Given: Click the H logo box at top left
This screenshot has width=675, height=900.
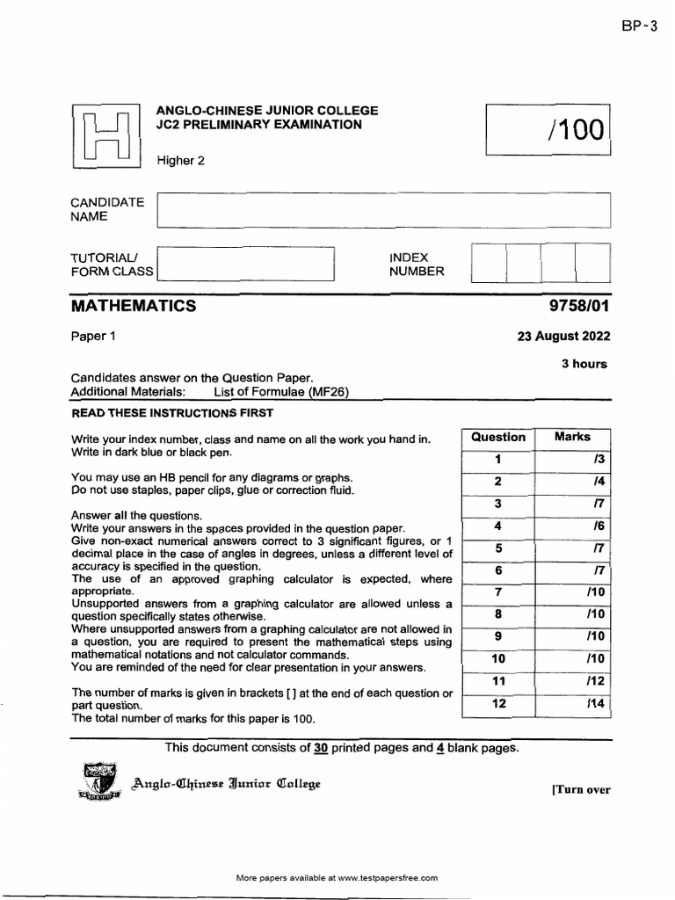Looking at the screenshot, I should (106, 139).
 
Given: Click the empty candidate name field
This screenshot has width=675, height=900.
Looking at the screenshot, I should (382, 211).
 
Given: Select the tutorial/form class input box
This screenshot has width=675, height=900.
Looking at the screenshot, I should (245, 264).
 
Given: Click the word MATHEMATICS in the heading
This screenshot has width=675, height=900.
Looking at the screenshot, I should (134, 306).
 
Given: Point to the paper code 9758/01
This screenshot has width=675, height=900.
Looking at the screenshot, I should (578, 306).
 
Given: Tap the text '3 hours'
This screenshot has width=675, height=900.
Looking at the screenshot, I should (584, 364).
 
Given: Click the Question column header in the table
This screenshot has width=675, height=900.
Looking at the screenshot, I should (497, 437).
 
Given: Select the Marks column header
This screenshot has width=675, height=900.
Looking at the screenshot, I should (573, 437).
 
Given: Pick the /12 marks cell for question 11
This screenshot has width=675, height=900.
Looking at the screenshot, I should (573, 680).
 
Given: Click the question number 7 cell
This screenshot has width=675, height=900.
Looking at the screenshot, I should (497, 592).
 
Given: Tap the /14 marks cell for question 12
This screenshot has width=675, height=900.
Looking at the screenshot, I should (573, 703).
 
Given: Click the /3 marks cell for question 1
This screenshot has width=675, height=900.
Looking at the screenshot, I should (573, 459).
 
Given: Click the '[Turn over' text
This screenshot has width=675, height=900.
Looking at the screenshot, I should (580, 789).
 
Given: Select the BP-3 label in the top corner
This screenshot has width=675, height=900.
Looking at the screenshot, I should (639, 26).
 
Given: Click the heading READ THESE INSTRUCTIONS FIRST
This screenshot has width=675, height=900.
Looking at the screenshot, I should (172, 412).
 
